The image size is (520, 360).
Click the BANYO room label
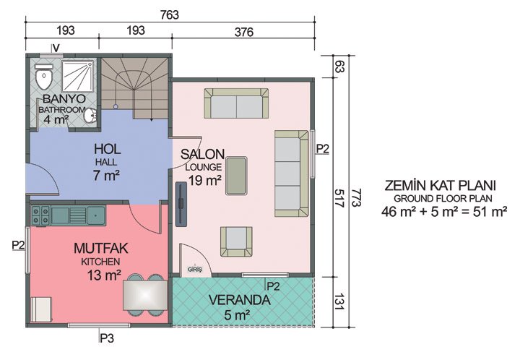[64, 98]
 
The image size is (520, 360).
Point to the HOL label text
[106, 149]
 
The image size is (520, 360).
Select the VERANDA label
[238, 299]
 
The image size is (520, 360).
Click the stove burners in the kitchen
[40, 214]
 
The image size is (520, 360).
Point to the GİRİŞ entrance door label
[194, 268]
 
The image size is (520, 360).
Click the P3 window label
[106, 336]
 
